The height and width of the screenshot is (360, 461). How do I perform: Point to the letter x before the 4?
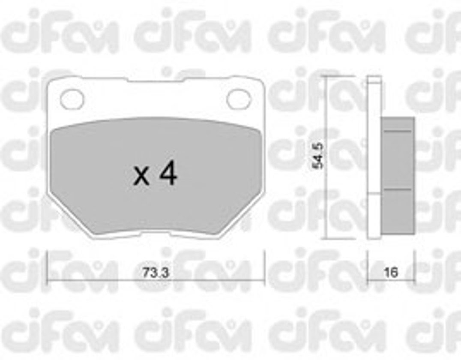tap(141, 177)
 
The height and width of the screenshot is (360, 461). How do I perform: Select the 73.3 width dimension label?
tap(156, 273)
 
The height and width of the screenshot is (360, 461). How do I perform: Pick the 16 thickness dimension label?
tap(391, 273)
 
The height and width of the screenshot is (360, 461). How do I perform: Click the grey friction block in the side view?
tap(398, 176)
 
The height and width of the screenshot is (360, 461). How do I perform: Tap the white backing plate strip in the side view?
tap(374, 156)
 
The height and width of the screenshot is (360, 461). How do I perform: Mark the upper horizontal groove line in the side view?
tap(398, 131)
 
